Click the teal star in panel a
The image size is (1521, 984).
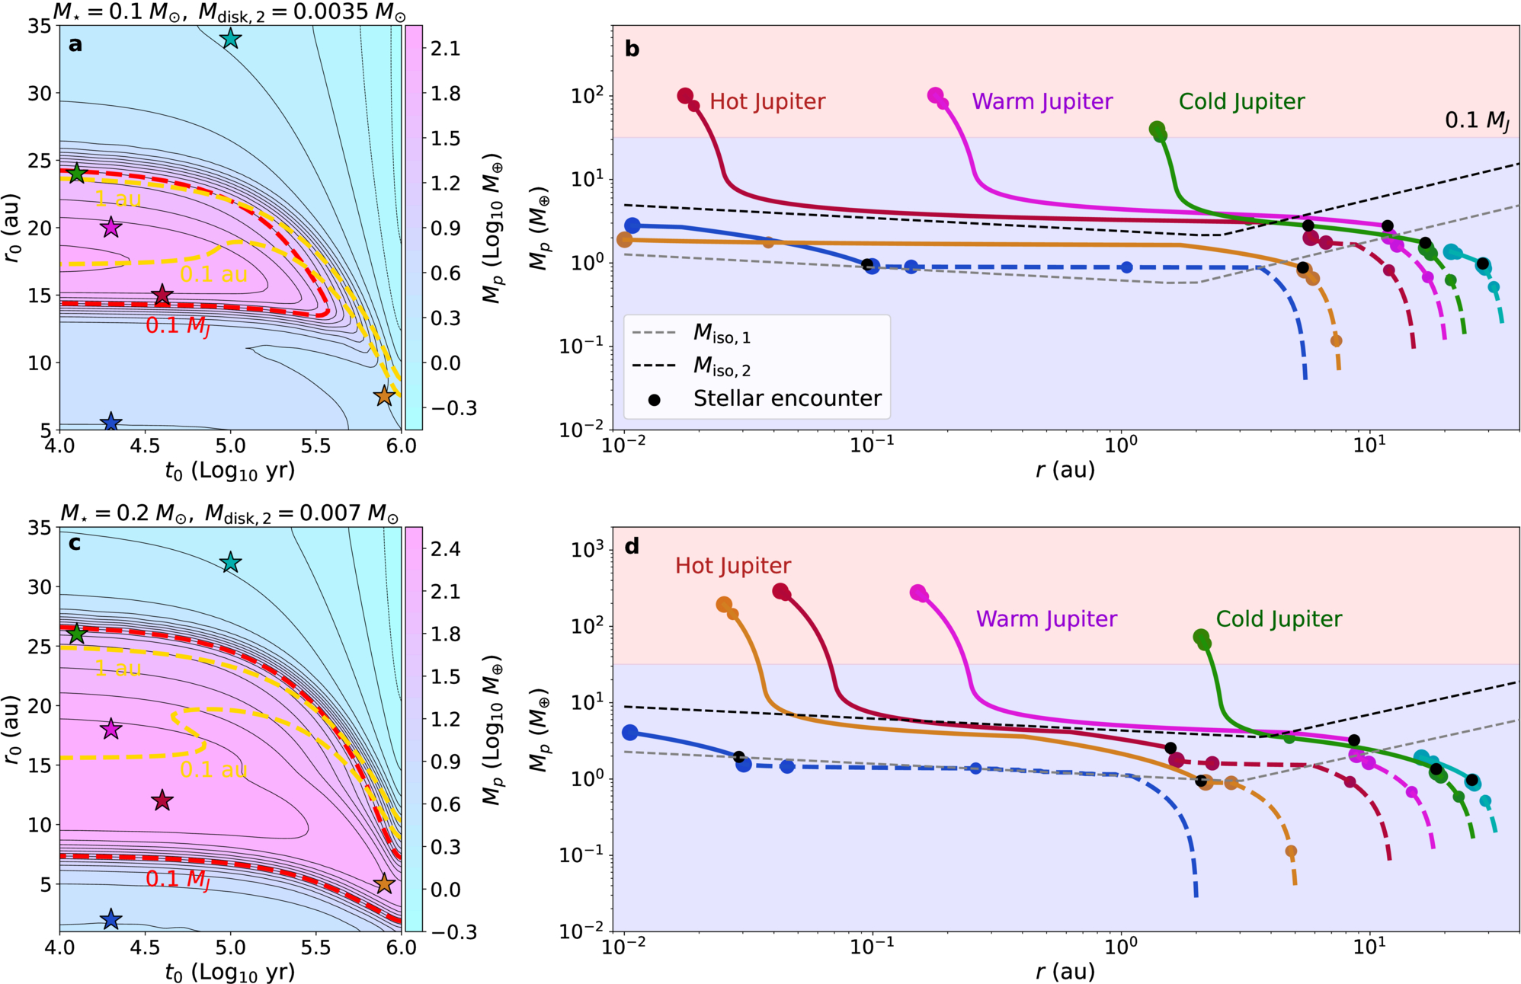[230, 38]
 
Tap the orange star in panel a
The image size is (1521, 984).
[384, 395]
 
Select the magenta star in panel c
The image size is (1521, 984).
[111, 729]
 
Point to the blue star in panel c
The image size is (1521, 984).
[111, 919]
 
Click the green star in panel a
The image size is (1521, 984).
[77, 174]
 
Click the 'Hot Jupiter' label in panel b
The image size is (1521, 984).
[767, 101]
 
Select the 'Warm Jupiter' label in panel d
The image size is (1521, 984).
[1046, 618]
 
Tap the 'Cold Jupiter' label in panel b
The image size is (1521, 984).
[1241, 101]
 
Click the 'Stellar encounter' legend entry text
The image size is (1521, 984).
[787, 398]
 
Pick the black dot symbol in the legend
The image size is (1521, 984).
[654, 399]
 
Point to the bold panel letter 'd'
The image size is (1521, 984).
[632, 546]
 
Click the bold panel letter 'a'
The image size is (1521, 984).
[75, 44]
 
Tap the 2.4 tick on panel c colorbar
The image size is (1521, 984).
[445, 548]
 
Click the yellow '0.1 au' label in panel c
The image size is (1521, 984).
[213, 769]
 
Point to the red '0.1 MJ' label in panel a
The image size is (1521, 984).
[178, 326]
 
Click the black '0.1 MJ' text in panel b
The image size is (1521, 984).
[1477, 120]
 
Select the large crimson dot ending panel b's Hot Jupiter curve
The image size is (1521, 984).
[685, 95]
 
